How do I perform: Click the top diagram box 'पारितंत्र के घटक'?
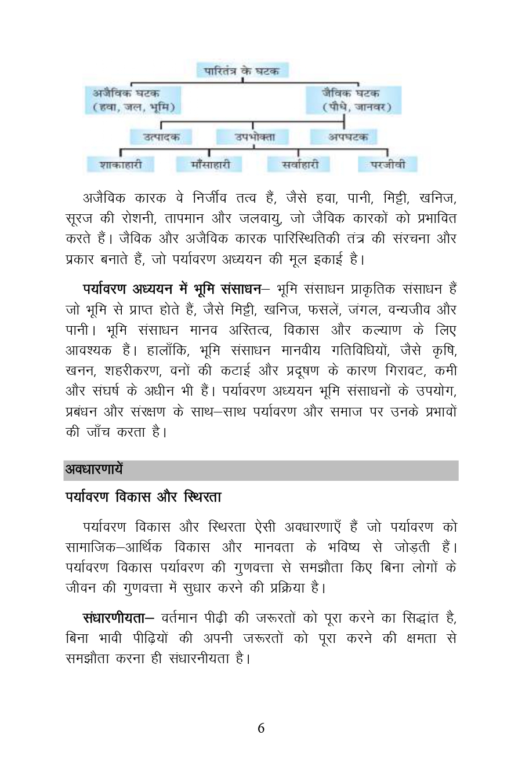coord(242,71)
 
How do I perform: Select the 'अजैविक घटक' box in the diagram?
coord(134,100)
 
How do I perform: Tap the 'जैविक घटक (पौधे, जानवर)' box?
coord(353,100)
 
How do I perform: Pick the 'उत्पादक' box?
coord(161,137)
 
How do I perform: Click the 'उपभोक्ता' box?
coord(253,137)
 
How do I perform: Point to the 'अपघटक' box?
coord(347,137)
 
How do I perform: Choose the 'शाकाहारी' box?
coord(121,165)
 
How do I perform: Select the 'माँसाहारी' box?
coord(210,165)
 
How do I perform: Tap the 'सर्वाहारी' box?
coord(300,165)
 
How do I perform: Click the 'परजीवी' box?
coord(387,165)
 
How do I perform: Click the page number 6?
coord(261,728)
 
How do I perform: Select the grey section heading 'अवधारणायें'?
coord(94,469)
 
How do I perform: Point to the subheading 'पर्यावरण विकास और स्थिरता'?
coord(143,497)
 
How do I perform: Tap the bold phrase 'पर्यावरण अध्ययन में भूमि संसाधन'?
coord(172,288)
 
